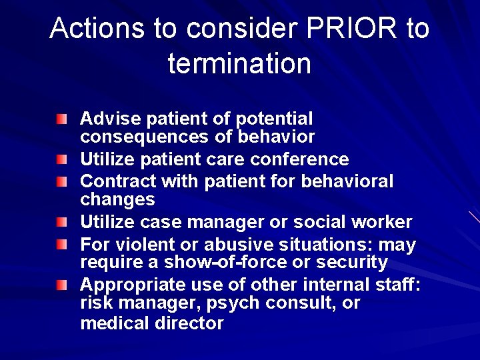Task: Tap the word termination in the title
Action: tap(239, 64)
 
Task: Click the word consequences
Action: tap(139, 137)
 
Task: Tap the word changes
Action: tap(117, 199)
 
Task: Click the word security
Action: tap(354, 263)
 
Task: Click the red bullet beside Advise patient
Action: tap(61, 119)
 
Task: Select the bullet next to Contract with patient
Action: tap(61, 181)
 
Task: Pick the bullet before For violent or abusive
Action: tap(61, 245)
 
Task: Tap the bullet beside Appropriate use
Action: tap(61, 285)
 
